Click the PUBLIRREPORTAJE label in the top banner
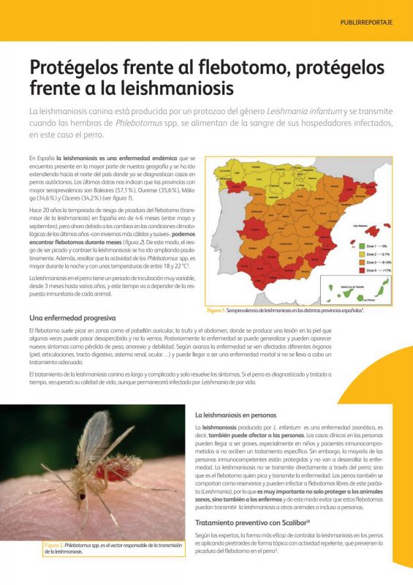click(366, 22)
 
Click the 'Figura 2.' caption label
click(52, 545)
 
